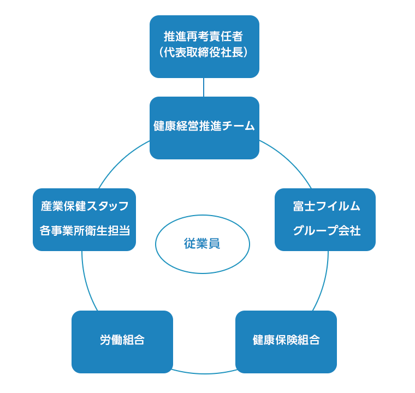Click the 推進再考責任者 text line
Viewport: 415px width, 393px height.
pyautogui.click(x=204, y=37)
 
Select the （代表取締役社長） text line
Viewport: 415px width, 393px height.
pyautogui.click(x=204, y=53)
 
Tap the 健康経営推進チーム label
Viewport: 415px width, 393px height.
pyautogui.click(x=204, y=126)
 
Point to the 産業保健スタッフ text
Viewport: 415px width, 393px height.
pyautogui.click(x=85, y=206)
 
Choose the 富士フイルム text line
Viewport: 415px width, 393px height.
pyautogui.click(x=326, y=206)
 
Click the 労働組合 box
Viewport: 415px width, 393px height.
pyautogui.click(x=122, y=342)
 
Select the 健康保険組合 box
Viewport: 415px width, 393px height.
pyautogui.click(x=286, y=342)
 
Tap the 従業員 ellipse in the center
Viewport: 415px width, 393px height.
pyautogui.click(x=203, y=244)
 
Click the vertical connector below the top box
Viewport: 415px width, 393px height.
pyautogui.click(x=204, y=87)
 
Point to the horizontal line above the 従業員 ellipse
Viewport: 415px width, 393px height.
pyautogui.click(x=201, y=214)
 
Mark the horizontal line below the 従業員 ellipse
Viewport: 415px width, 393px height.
pyautogui.click(x=201, y=275)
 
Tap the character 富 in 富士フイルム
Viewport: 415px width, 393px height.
pyautogui.click(x=298, y=206)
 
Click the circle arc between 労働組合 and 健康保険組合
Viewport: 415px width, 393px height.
pyautogui.click(x=204, y=373)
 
